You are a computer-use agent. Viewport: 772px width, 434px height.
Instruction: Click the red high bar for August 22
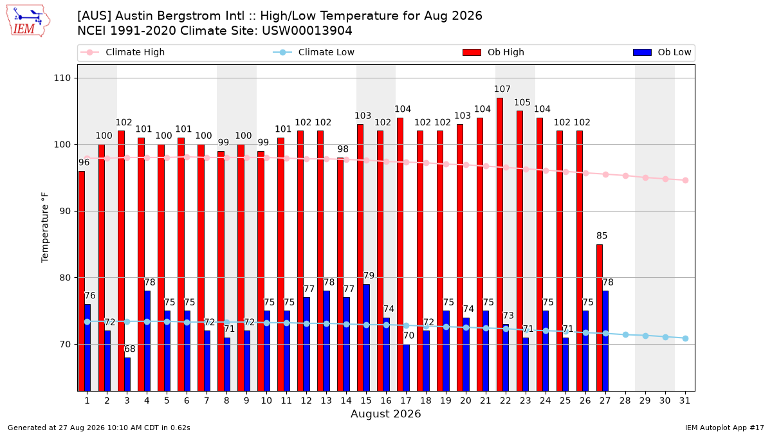point(500,244)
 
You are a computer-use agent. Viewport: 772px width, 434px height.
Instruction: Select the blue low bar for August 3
point(127,374)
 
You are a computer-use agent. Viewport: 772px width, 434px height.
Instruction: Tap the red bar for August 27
point(600,318)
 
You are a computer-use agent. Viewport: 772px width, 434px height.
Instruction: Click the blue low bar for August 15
point(367,338)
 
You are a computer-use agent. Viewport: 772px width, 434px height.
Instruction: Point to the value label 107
point(502,89)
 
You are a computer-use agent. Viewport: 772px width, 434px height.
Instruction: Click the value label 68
point(129,349)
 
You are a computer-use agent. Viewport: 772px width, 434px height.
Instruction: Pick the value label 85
point(602,235)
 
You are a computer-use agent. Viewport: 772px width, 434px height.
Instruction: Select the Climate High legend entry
point(122,52)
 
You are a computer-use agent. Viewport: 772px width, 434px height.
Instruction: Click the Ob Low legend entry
point(662,52)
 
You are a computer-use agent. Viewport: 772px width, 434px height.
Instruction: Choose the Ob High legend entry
point(493,52)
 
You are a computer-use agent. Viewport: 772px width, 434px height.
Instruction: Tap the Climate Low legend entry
point(314,52)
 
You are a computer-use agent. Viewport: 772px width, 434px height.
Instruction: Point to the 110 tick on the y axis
point(62,78)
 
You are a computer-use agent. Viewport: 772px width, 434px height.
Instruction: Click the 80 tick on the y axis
point(65,278)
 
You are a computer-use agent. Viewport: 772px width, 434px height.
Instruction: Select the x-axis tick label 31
point(685,401)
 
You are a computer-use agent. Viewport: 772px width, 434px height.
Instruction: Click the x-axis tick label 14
point(346,401)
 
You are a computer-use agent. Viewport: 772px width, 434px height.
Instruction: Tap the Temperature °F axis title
point(45,228)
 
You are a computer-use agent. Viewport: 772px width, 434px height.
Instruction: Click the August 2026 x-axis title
point(385,413)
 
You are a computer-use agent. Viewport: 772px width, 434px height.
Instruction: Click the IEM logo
point(28,21)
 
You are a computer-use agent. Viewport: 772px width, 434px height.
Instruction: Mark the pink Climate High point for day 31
point(686,181)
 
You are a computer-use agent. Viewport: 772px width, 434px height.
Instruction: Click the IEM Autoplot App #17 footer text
point(724,428)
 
